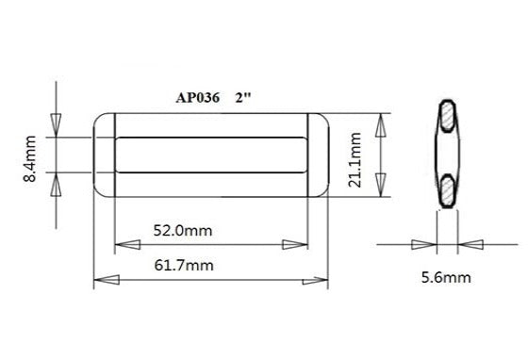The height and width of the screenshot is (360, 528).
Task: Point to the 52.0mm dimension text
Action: pyautogui.click(x=184, y=229)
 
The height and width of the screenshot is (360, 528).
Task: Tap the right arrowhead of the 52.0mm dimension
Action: pyautogui.click(x=295, y=245)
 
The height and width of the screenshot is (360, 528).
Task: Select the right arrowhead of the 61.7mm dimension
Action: pyautogui.click(x=315, y=281)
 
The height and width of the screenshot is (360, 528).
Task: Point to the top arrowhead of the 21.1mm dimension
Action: pyautogui.click(x=382, y=125)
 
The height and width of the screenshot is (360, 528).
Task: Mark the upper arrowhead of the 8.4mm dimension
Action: pyautogui.click(x=56, y=124)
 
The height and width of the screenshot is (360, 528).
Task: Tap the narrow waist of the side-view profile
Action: pyautogui.click(x=446, y=155)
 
